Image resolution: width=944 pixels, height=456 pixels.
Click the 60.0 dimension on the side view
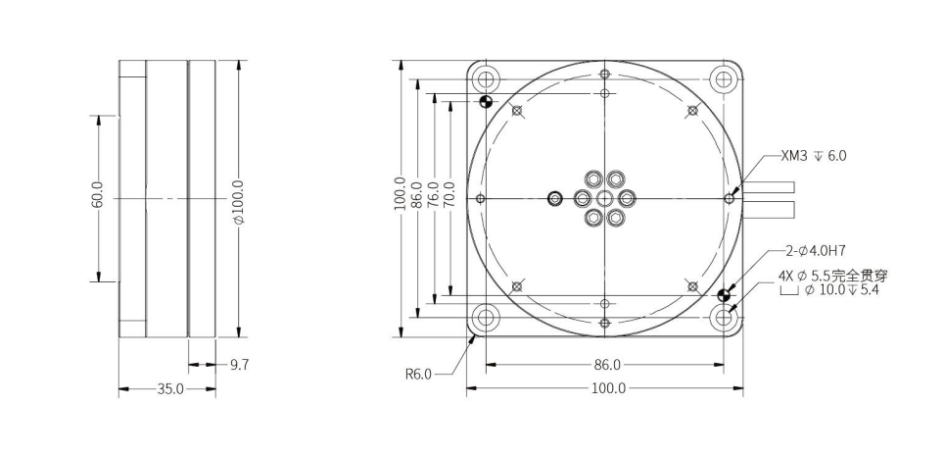97,197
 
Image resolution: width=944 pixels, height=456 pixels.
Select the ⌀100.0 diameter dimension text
240,199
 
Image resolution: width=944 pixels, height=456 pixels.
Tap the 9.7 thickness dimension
239,365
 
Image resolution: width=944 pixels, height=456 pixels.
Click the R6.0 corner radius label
418,373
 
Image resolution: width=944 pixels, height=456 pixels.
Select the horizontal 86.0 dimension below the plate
603,365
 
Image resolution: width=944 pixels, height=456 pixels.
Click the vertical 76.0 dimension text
433,197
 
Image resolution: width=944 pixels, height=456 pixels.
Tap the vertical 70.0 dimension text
449,197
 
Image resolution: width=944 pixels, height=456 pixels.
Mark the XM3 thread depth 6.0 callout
813,156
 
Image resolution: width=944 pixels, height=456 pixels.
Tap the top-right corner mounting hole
725,78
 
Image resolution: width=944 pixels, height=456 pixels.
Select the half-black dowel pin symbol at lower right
725,295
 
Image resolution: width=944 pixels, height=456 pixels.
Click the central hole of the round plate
605,198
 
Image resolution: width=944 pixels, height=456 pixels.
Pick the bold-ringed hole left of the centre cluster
556,198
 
